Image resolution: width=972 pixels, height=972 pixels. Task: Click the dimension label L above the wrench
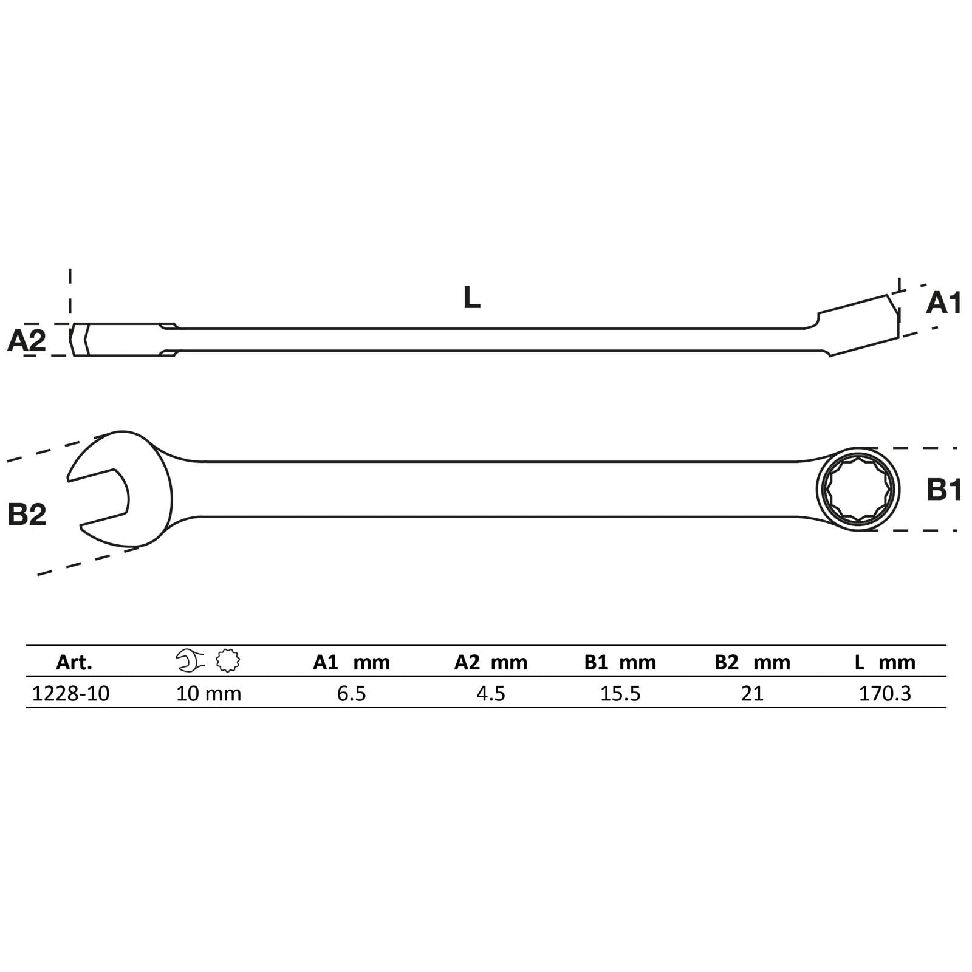[x=471, y=298]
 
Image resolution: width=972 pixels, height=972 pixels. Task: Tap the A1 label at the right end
[x=943, y=303]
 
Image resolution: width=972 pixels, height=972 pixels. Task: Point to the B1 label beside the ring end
[x=944, y=489]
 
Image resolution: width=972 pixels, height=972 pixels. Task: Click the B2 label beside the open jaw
[x=27, y=515]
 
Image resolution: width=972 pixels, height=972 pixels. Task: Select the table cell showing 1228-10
[x=70, y=693]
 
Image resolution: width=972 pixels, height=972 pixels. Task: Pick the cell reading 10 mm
[x=208, y=693]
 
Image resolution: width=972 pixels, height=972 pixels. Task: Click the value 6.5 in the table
[x=352, y=693]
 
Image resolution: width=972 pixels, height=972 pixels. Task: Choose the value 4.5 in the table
[x=491, y=693]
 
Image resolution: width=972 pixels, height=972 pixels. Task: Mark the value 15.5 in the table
[x=620, y=693]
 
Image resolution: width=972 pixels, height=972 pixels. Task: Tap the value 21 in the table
[x=752, y=693]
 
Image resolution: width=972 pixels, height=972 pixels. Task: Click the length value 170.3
[x=885, y=693]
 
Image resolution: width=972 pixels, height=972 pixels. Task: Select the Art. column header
[x=74, y=662]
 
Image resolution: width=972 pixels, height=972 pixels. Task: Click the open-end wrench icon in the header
[x=190, y=660]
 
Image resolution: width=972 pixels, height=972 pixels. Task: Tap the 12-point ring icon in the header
[x=228, y=660]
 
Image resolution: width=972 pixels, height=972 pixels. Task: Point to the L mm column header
[x=885, y=662]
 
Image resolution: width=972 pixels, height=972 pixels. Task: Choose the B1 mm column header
[x=620, y=662]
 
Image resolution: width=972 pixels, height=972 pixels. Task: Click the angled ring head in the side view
[x=860, y=325]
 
